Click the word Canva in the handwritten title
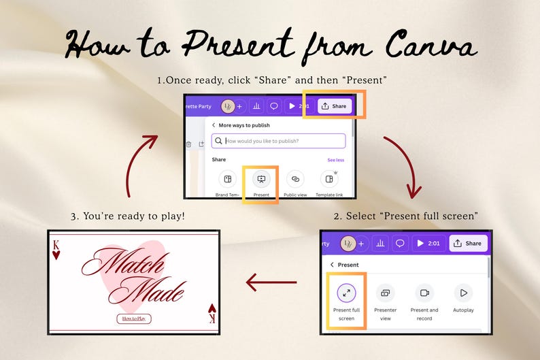tap(428, 46)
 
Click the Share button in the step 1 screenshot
tap(333, 106)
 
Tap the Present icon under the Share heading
tap(261, 179)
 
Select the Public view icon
tap(294, 179)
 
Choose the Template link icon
tap(329, 179)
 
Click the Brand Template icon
tap(228, 179)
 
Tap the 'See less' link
tap(335, 160)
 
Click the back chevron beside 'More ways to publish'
tap(214, 125)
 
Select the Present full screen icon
tap(347, 293)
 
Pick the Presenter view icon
tap(385, 293)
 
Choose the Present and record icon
tap(424, 293)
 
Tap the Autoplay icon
tap(464, 293)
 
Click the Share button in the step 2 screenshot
tap(467, 243)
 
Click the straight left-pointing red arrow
tap(271, 282)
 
